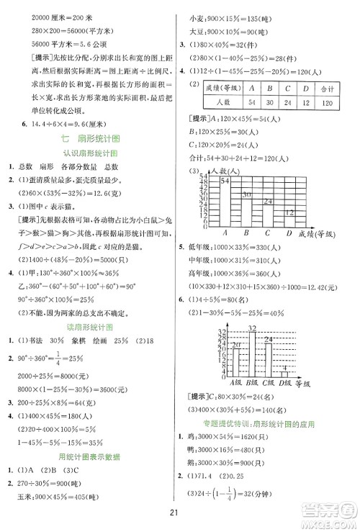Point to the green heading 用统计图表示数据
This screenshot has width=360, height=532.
(x=91, y=457)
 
